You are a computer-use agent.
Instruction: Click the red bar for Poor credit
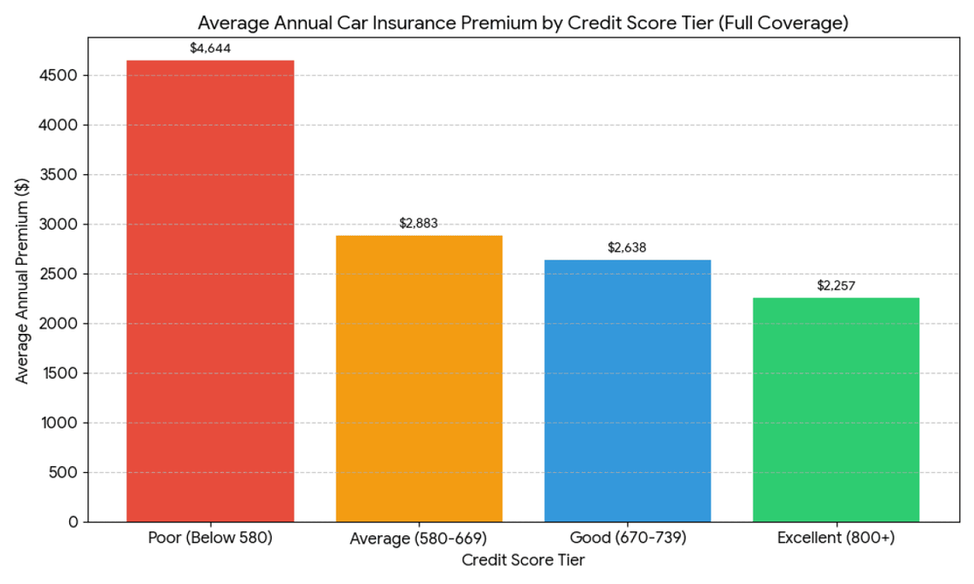tap(210, 290)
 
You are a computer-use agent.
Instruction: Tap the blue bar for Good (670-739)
tap(627, 390)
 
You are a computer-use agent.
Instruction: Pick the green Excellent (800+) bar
tap(836, 409)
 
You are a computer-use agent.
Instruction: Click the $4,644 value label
tap(210, 48)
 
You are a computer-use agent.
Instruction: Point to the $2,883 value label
tap(419, 223)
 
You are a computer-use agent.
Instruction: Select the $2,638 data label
tap(627, 248)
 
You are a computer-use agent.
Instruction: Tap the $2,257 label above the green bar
tap(836, 285)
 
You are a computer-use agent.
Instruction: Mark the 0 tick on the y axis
tap(73, 522)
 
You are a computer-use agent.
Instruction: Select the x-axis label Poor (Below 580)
tap(210, 539)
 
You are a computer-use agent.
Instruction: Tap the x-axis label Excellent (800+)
tap(836, 539)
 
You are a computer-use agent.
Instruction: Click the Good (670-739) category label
tap(627, 539)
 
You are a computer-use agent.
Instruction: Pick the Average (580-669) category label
tap(419, 539)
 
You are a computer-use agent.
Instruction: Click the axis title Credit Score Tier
tap(523, 561)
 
